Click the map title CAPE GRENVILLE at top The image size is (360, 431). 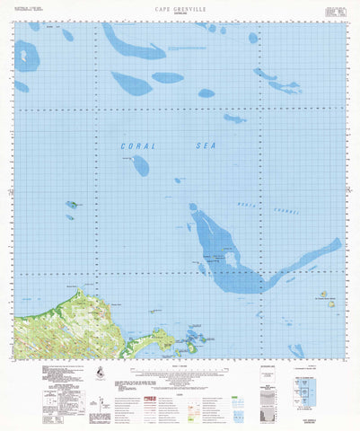click(180, 7)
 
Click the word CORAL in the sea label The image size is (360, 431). click(136, 145)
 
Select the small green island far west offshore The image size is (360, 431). click(71, 205)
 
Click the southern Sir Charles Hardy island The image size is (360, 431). click(331, 304)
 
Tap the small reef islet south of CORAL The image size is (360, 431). click(140, 163)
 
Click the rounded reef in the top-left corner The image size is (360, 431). click(27, 56)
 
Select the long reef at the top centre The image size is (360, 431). click(132, 46)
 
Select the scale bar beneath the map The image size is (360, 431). click(180, 363)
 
